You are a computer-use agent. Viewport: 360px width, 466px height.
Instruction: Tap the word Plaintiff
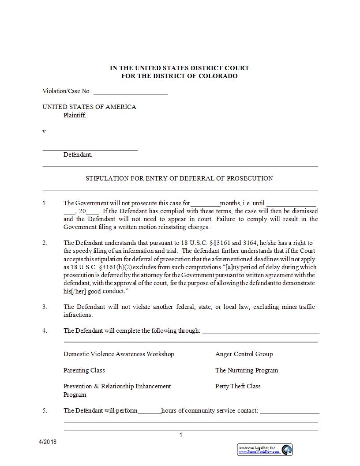75,116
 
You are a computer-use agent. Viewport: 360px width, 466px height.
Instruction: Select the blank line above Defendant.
90,148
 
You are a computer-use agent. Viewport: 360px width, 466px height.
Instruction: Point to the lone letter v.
45,132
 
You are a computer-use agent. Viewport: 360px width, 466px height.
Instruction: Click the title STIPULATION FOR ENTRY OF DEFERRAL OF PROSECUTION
179,178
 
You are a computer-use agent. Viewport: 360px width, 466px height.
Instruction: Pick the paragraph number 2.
45,243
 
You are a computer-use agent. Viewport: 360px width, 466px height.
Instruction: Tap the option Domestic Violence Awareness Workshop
119,354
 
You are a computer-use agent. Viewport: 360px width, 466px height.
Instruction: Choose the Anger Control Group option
244,354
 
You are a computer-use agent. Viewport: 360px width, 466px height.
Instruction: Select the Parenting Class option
84,370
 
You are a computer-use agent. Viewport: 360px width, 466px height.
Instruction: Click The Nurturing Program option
247,370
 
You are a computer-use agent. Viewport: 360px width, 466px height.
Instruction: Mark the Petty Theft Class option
238,386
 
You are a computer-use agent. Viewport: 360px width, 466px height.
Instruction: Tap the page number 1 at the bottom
180,435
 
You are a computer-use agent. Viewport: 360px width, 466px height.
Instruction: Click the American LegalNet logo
265,450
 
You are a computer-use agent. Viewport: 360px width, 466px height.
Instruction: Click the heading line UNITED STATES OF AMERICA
89,107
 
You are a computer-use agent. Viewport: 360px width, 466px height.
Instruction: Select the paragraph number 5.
45,410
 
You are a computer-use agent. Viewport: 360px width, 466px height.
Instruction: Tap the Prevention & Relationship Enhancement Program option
117,390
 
